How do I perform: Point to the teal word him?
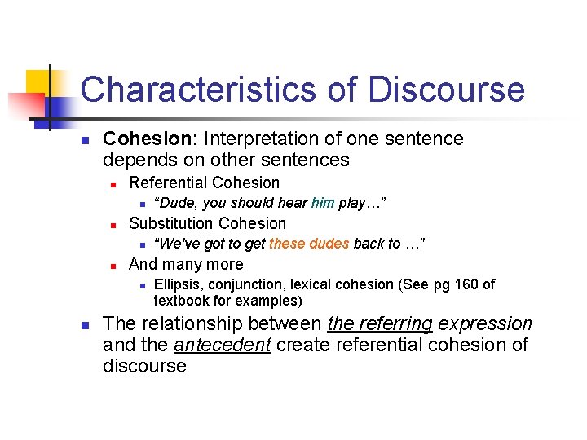click(323, 203)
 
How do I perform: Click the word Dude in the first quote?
click(175, 203)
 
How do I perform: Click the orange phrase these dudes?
click(309, 244)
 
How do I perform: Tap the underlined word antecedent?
click(223, 345)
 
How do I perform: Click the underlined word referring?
click(379, 323)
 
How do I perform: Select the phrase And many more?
click(186, 264)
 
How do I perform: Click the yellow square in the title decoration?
click(38, 82)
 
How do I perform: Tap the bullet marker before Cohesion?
click(84, 140)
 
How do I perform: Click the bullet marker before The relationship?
click(84, 324)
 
